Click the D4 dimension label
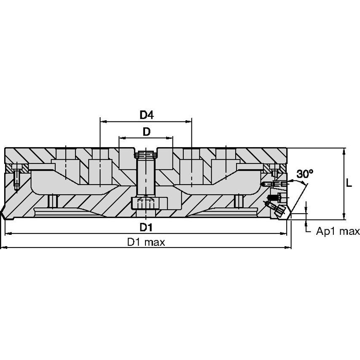[146, 115]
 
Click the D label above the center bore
[146, 132]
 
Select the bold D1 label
[146, 227]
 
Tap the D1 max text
[146, 242]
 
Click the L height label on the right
[349, 183]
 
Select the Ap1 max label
[338, 231]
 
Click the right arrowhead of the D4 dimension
[188, 121]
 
